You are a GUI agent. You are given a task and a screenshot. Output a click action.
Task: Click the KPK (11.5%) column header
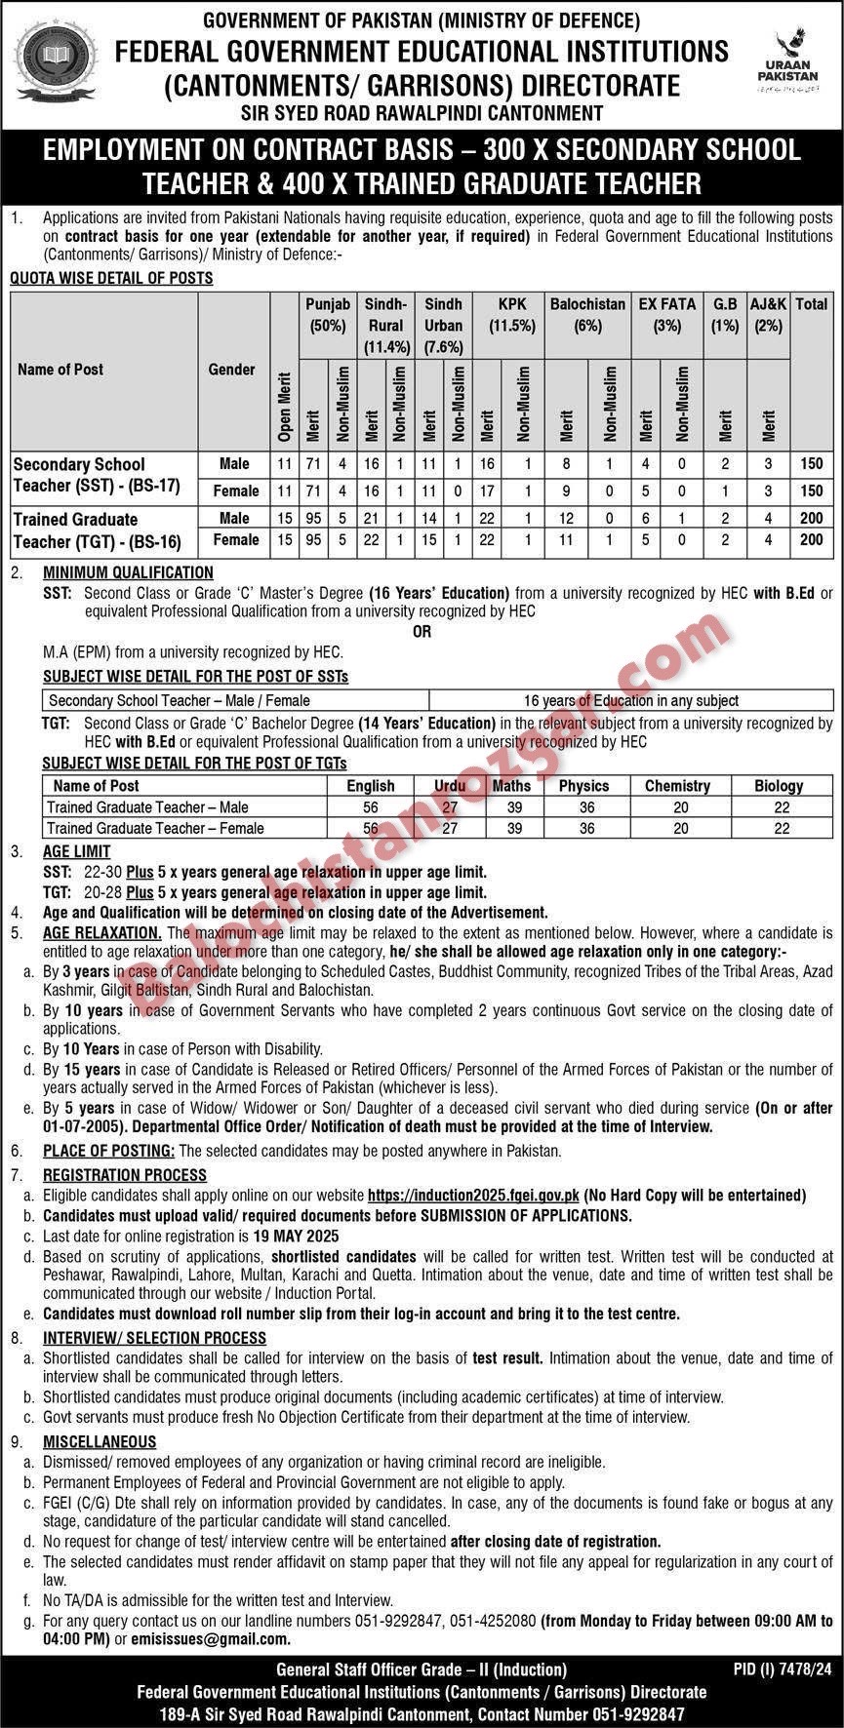[511, 315]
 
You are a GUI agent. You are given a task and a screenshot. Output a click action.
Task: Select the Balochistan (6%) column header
[587, 315]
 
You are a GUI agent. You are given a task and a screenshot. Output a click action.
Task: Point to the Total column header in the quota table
[811, 304]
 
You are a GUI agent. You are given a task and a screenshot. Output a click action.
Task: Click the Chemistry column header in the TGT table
[677, 785]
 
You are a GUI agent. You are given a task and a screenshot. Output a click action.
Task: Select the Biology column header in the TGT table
[779, 785]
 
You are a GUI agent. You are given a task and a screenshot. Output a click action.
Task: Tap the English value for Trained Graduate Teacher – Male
[371, 807]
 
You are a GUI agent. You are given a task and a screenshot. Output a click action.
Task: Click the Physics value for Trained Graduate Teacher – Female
[585, 828]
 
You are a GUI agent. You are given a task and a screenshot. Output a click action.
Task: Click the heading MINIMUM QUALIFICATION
[128, 572]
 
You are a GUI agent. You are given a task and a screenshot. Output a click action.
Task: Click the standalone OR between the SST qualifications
[422, 632]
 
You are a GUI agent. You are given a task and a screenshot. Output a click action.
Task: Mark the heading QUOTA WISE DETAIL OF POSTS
[111, 278]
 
